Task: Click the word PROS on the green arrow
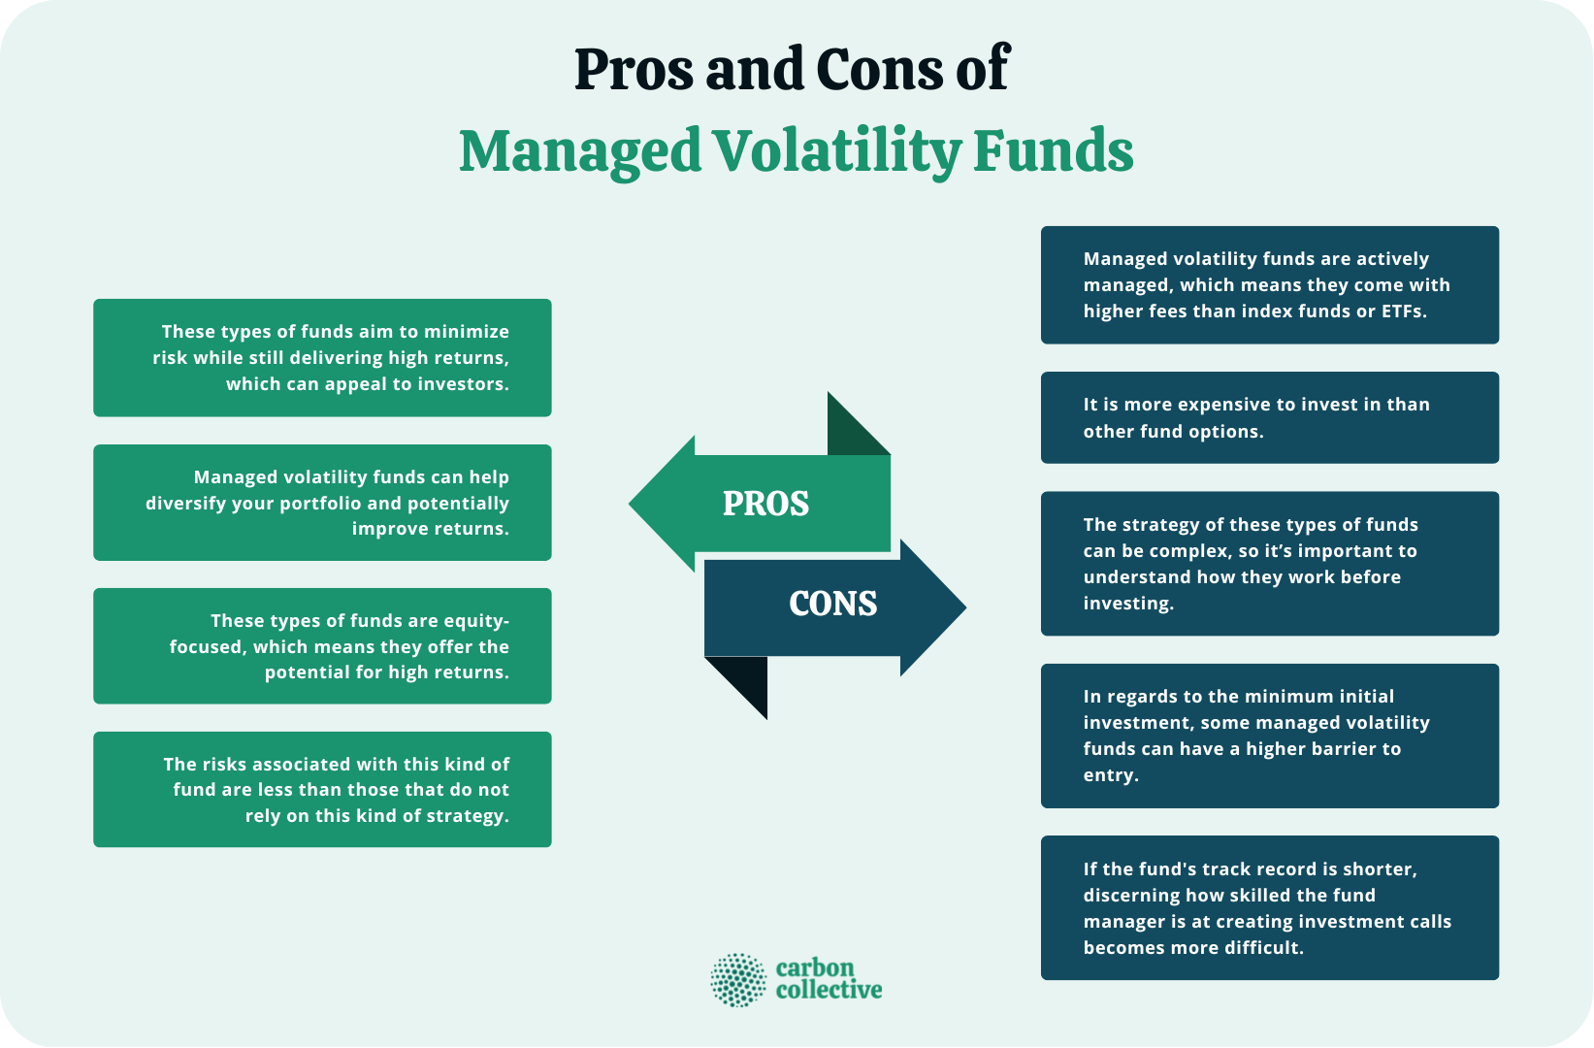pyautogui.click(x=765, y=504)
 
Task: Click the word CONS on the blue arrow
pyautogui.click(x=832, y=604)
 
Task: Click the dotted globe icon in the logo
pyautogui.click(x=738, y=979)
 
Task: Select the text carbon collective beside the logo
pyautogui.click(x=829, y=979)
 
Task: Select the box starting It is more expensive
pyautogui.click(x=1269, y=417)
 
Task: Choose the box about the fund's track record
pyautogui.click(x=1269, y=907)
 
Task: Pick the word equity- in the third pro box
pyautogui.click(x=475, y=621)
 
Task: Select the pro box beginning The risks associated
pyautogui.click(x=322, y=789)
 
